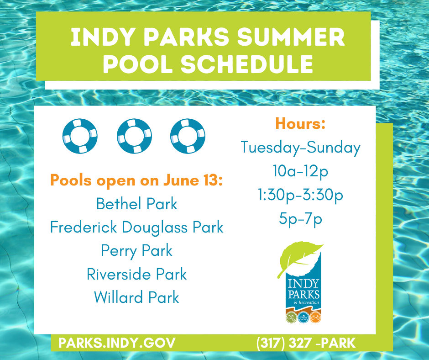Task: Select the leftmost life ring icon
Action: (x=80, y=136)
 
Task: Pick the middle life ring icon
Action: (x=134, y=136)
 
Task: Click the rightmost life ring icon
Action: (x=188, y=136)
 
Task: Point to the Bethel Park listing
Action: (x=136, y=204)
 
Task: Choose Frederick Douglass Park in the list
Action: (x=136, y=227)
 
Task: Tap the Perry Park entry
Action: (x=136, y=251)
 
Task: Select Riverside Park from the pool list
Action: (x=136, y=274)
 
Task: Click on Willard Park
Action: (x=136, y=298)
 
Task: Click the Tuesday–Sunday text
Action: (x=300, y=148)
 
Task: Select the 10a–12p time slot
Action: (x=300, y=171)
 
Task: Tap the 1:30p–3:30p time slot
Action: (x=300, y=195)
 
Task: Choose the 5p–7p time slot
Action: (x=300, y=219)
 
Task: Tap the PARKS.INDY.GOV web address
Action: (x=116, y=343)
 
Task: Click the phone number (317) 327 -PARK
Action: (x=306, y=343)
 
